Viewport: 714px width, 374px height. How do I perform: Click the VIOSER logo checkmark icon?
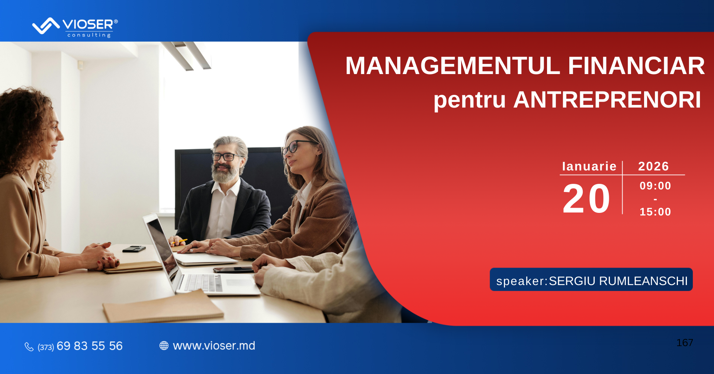46,26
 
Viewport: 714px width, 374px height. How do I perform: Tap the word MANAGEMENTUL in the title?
453,66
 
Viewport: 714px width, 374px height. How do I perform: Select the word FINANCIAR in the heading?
636,66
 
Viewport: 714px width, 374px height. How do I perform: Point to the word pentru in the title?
470,100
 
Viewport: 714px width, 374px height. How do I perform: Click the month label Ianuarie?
589,166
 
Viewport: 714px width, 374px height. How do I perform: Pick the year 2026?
654,166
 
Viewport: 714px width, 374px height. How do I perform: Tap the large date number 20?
586,199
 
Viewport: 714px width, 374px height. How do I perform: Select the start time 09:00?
655,186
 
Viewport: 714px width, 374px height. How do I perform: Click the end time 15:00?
655,212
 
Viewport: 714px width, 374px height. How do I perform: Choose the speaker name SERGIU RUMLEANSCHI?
618,281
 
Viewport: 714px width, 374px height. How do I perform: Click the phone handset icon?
29,347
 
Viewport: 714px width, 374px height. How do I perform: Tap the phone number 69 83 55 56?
90,346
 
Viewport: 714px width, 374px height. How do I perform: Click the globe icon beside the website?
164,346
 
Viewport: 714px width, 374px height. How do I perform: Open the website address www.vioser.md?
214,346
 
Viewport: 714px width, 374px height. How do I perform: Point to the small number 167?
685,343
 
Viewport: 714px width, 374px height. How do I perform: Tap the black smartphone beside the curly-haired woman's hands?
134,249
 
